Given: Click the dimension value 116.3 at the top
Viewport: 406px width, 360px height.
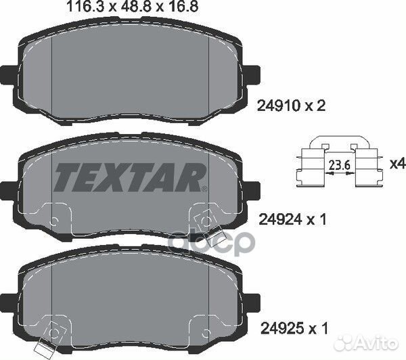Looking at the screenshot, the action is click(x=85, y=7).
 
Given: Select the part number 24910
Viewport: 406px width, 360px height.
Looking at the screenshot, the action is click(x=278, y=106).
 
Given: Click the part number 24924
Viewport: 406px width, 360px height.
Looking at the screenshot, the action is click(x=280, y=220).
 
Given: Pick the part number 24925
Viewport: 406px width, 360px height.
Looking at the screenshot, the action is click(x=282, y=328).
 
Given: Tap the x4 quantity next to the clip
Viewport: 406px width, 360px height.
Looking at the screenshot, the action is click(x=398, y=164).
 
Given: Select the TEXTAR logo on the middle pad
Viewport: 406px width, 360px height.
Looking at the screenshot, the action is click(x=130, y=177).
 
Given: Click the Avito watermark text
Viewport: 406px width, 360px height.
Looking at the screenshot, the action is click(x=376, y=344).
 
